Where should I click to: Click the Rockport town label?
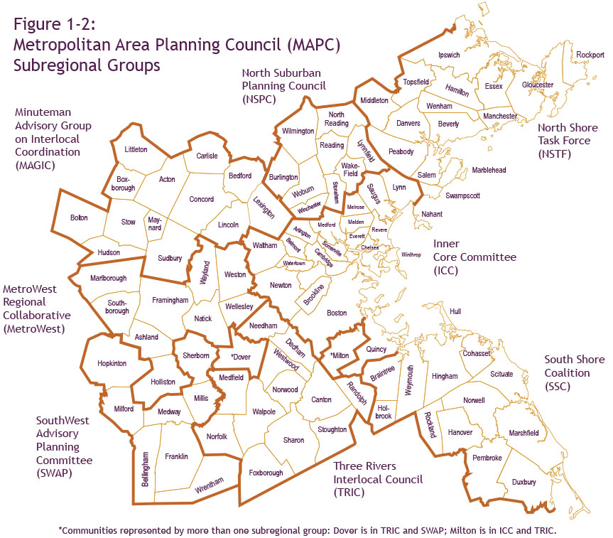tap(590, 55)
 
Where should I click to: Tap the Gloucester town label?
tap(537, 85)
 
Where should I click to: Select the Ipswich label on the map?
tap(449, 55)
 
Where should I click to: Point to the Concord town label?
tap(201, 199)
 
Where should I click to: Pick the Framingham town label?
tap(170, 301)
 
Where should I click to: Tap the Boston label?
tap(336, 313)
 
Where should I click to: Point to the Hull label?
tap(455, 311)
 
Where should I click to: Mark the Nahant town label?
tap(431, 214)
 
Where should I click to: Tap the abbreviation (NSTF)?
tap(555, 154)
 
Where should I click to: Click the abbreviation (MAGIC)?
tap(34, 165)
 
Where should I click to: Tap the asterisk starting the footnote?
tap(61, 529)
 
